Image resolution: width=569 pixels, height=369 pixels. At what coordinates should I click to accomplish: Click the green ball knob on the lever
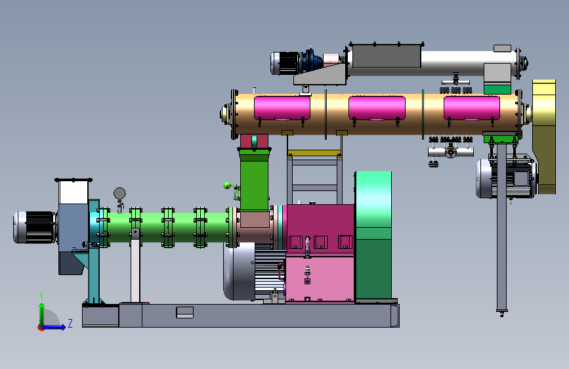click(x=227, y=186)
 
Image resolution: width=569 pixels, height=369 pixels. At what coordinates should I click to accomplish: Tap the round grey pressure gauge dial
click(x=119, y=193)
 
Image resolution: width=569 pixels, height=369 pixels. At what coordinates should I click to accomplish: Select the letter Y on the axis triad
click(x=41, y=295)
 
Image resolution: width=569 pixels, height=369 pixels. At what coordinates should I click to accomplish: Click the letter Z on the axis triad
click(x=70, y=323)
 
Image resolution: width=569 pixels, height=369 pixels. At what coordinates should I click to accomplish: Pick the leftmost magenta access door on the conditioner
click(x=282, y=108)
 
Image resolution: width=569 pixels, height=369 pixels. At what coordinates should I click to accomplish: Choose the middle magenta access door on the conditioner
click(x=377, y=108)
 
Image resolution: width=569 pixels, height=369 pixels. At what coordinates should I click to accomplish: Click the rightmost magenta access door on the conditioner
click(x=472, y=108)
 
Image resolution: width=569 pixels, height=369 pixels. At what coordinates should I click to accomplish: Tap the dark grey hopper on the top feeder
click(x=387, y=56)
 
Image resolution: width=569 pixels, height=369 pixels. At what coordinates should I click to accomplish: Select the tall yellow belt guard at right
click(x=544, y=137)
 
